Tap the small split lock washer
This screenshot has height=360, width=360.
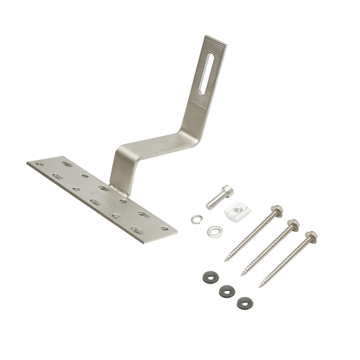point(195,220)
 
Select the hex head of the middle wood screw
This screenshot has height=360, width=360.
point(293,225)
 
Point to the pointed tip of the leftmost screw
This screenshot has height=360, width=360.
point(226,260)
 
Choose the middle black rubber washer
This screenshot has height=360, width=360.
point(226,292)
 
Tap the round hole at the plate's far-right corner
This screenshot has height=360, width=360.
point(164,228)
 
